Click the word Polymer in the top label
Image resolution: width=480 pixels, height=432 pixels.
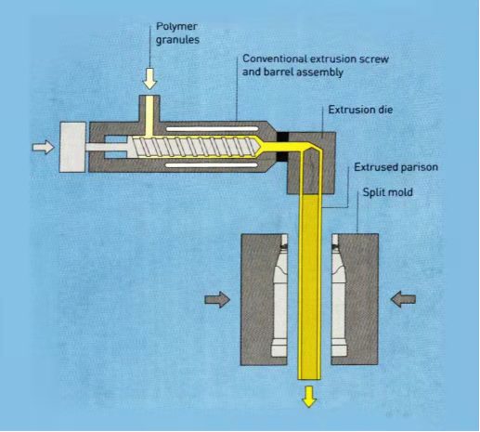point(176,27)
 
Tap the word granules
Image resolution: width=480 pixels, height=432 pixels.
point(177,40)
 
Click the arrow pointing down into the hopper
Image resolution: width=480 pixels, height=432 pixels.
point(149,79)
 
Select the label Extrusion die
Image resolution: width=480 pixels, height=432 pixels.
point(360,110)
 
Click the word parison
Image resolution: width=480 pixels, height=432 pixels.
point(420,167)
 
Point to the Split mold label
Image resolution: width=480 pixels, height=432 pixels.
point(387,192)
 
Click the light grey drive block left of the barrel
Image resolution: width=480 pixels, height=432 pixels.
point(72,147)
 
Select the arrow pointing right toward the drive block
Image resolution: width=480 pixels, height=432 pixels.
point(43,147)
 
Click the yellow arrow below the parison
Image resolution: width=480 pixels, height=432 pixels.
point(309,397)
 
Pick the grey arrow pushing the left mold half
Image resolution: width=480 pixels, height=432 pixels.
point(217,299)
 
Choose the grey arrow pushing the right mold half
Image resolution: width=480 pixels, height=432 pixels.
point(403,299)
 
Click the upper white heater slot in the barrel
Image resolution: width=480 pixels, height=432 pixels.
point(213,128)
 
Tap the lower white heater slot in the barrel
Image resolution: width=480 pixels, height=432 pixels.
point(212,165)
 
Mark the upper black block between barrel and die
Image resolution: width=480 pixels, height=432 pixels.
point(282,136)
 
